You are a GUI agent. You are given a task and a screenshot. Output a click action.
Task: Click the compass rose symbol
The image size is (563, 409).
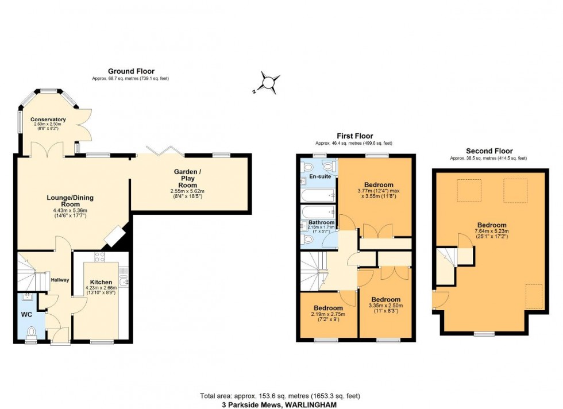(x=268, y=83)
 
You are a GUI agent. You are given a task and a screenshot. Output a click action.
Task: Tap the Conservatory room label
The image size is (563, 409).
(x=49, y=119)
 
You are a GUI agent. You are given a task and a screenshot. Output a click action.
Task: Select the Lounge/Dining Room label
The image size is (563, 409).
(x=70, y=200)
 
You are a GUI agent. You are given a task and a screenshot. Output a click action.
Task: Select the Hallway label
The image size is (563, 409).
(x=60, y=280)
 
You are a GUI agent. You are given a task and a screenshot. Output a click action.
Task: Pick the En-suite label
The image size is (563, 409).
(x=319, y=176)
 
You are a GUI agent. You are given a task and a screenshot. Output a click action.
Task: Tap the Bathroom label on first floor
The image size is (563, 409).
(x=322, y=222)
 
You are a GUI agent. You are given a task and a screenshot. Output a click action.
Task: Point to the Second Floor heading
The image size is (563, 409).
(x=488, y=152)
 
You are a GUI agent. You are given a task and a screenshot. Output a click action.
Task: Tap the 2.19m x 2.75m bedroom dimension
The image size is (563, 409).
(x=328, y=314)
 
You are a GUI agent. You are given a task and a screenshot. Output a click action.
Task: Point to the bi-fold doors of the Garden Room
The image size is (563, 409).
(x=164, y=151)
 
